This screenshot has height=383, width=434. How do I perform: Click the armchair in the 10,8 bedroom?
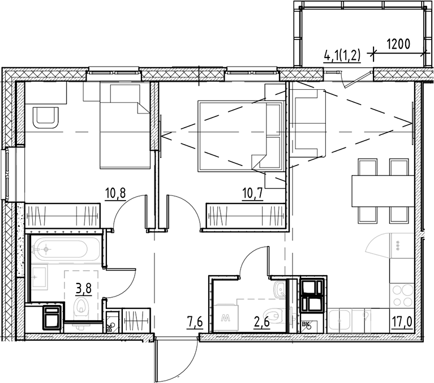(x=46, y=117)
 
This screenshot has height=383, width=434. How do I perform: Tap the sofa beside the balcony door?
(x=309, y=124)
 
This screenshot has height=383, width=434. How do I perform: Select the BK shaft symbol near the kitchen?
(x=307, y=325)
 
